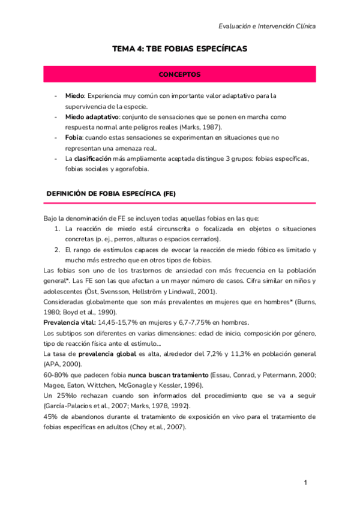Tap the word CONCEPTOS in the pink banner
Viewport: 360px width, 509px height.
point(179,74)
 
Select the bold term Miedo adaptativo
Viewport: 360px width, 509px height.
point(92,116)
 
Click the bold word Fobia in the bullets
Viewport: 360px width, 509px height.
point(75,137)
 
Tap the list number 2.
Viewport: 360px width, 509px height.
point(57,250)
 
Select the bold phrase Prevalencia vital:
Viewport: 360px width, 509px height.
point(70,322)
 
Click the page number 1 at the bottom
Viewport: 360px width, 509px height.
point(305,483)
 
